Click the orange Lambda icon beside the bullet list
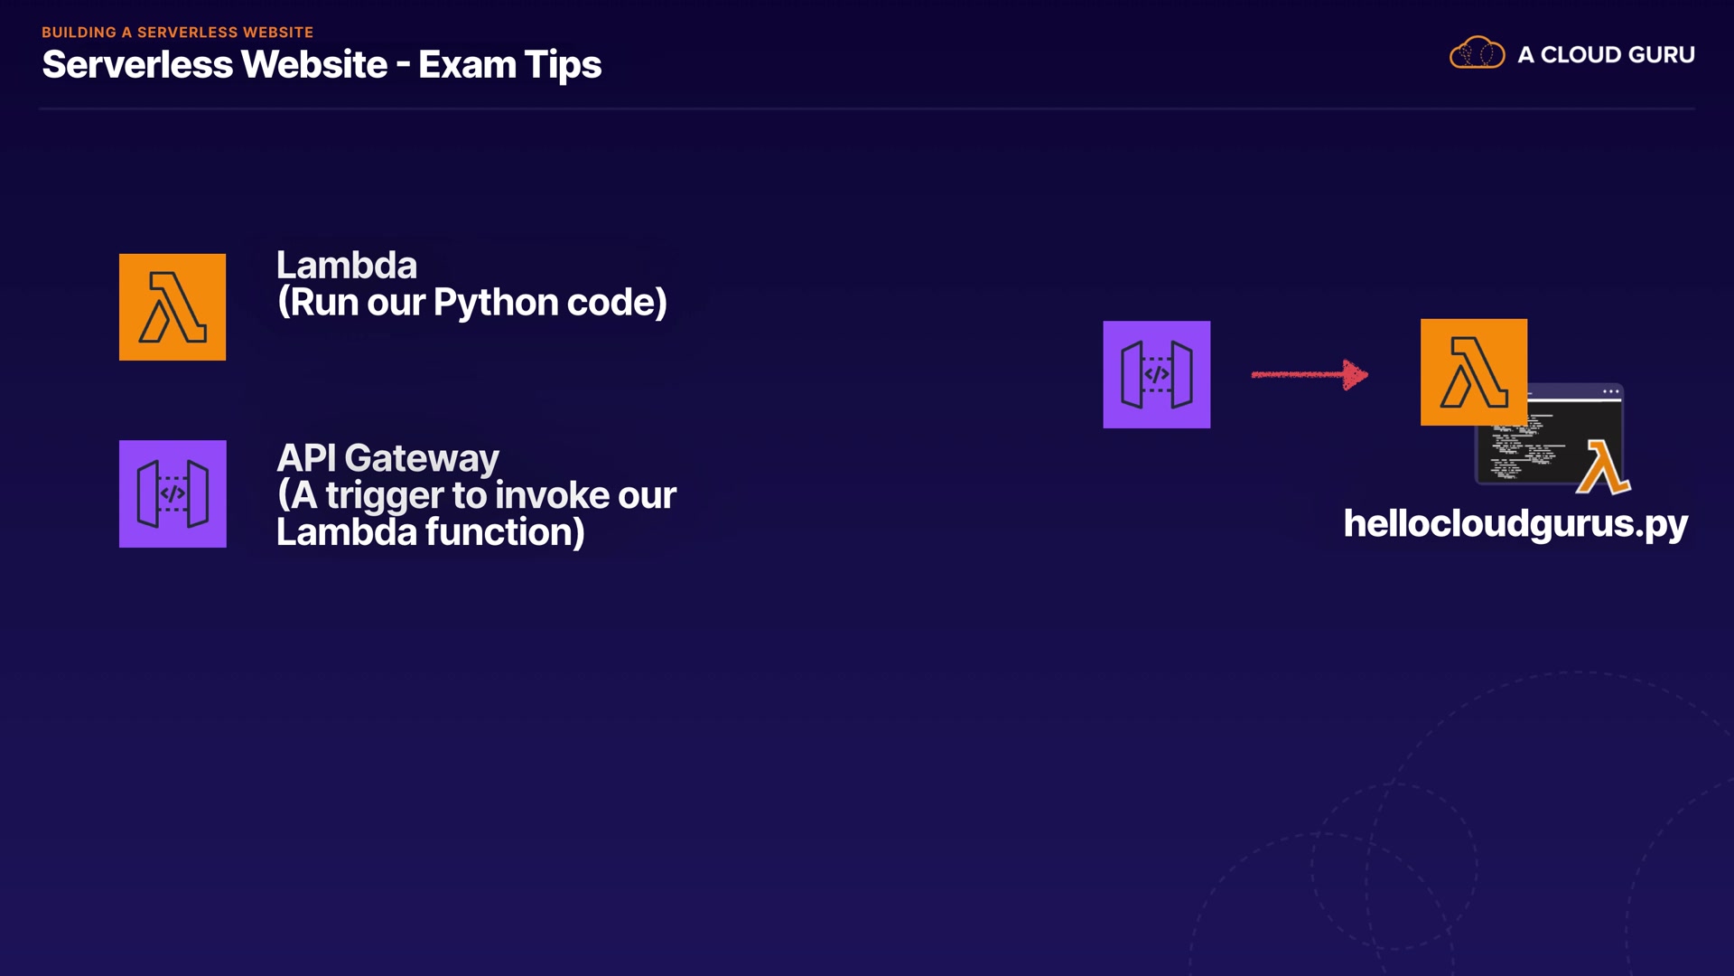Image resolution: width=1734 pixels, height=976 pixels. [x=172, y=307]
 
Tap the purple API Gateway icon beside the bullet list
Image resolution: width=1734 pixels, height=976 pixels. [x=172, y=493]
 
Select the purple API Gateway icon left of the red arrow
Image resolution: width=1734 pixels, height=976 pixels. [x=1156, y=374]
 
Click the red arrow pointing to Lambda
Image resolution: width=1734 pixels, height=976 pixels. [x=1310, y=374]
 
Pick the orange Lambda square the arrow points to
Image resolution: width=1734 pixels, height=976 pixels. [x=1473, y=371]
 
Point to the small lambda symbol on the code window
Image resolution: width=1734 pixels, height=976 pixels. [x=1602, y=466]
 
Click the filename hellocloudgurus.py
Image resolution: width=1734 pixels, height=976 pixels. [x=1515, y=524]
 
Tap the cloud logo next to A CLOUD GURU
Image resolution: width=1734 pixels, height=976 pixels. [x=1477, y=53]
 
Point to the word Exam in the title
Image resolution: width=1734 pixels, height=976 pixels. [x=467, y=65]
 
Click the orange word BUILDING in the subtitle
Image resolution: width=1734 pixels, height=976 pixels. [x=79, y=33]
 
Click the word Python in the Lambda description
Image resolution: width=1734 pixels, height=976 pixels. [x=496, y=303]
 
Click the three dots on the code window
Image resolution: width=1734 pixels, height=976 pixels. [x=1610, y=391]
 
